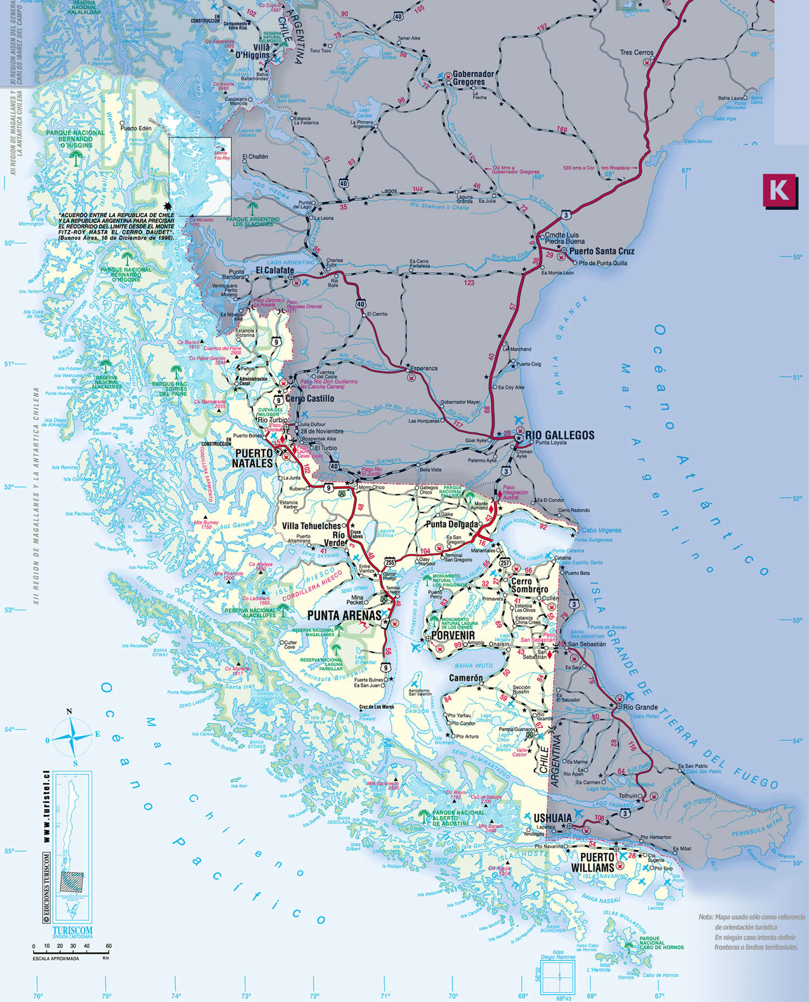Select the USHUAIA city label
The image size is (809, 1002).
coord(552,819)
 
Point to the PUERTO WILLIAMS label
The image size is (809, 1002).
coord(597,862)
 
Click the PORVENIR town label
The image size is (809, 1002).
coord(453,636)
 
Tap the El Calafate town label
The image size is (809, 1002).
coord(275,270)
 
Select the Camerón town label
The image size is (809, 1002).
coord(466,678)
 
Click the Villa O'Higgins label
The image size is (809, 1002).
coord(252,51)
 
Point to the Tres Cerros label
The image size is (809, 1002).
coord(636,53)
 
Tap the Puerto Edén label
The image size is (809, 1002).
coord(136,128)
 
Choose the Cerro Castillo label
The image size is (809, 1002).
coord(310,399)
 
